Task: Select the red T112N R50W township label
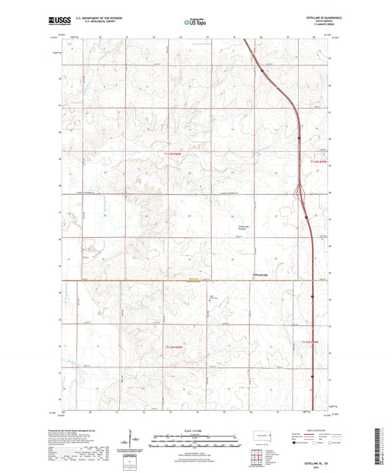(177, 346)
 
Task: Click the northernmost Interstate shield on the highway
(262, 71)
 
